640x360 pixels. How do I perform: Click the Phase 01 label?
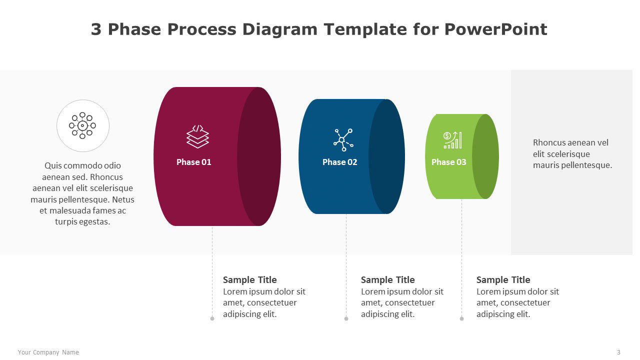[193, 162]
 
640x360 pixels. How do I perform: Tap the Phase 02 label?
[339, 162]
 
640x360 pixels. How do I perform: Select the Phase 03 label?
[448, 162]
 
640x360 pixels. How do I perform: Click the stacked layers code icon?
[197, 136]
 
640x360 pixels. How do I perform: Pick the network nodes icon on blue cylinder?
[343, 139]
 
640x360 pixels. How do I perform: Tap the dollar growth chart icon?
[452, 140]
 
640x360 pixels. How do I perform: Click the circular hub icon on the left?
[82, 125]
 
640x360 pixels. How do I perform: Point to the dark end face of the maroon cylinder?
[259, 156]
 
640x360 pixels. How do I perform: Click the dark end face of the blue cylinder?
[386, 156]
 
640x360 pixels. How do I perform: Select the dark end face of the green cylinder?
[485, 156]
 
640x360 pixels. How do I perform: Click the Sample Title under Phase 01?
[249, 279]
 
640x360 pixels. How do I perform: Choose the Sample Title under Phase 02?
[387, 279]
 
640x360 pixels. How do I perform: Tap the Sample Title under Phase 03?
[503, 279]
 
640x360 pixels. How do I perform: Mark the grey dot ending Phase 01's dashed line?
[212, 318]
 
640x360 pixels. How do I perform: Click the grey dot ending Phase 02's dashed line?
[346, 318]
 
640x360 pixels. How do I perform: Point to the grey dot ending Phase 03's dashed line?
[461, 318]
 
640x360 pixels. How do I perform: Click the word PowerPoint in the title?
[495, 29]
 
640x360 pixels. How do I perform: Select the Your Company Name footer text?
[48, 352]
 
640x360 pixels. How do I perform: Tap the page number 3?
[618, 352]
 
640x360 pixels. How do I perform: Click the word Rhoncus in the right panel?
[548, 142]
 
